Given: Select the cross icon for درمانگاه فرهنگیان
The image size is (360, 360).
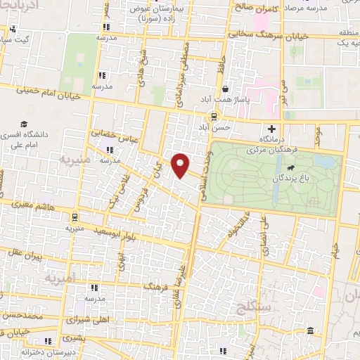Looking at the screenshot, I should click(272, 129).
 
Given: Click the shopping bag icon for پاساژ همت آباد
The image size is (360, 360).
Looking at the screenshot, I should click(225, 89).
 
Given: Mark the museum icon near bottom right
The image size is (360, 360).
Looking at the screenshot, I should click(310, 331).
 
